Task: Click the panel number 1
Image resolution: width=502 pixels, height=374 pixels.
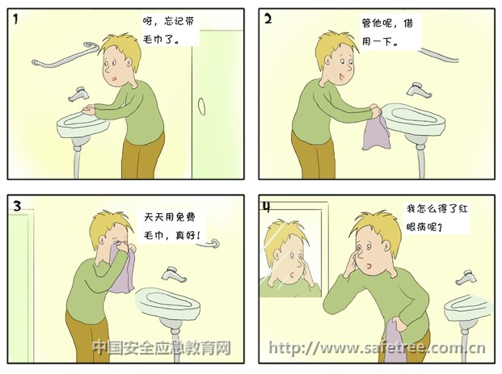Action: tap(15, 19)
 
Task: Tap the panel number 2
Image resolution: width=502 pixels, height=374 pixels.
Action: tap(268, 19)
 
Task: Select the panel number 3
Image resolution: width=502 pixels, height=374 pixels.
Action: tap(17, 206)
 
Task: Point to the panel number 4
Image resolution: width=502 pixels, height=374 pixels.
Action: tap(267, 207)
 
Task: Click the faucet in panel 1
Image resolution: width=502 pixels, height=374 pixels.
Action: tap(78, 94)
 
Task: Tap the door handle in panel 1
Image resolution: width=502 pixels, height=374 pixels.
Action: tap(201, 106)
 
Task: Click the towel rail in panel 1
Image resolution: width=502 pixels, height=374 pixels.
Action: tap(65, 55)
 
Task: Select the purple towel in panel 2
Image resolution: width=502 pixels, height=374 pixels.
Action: tap(377, 132)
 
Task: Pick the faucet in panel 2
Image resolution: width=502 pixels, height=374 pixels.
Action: tap(419, 90)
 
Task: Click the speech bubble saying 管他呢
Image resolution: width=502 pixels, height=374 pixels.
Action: tap(390, 32)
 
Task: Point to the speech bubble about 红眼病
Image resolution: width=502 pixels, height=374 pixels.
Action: tap(437, 217)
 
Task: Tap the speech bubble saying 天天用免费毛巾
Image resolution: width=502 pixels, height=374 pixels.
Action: tap(172, 226)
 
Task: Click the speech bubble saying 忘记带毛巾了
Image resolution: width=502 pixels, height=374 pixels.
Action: tap(170, 30)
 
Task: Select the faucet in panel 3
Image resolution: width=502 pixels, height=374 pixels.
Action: tap(173, 274)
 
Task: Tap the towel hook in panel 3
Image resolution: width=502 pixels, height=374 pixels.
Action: tap(209, 244)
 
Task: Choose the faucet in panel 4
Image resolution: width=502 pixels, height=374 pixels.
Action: tap(467, 277)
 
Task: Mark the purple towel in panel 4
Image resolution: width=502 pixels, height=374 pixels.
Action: tap(393, 340)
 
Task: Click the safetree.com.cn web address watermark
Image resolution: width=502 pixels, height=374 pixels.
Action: tap(377, 348)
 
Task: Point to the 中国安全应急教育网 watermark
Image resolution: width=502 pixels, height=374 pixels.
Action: tap(162, 347)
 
